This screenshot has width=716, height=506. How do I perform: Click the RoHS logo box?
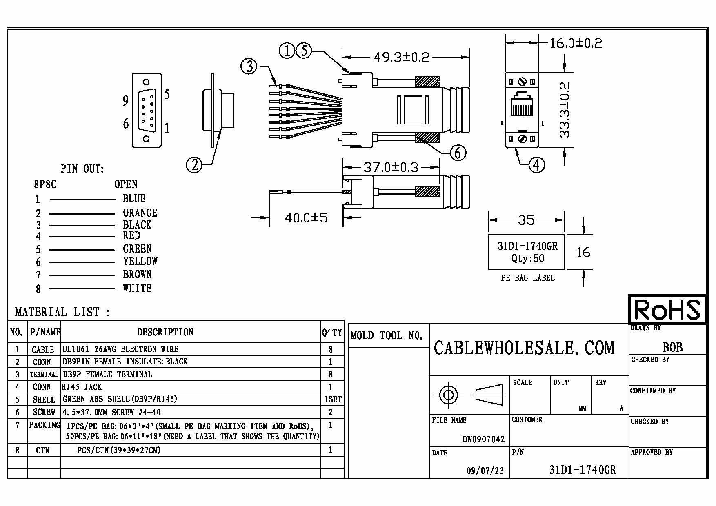tap(667, 309)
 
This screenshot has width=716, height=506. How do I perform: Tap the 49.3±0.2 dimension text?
tap(401, 57)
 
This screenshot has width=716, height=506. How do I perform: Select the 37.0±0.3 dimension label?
tap(391, 167)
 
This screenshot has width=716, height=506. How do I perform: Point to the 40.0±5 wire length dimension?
tap(306, 217)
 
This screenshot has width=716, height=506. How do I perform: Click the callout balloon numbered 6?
tap(458, 153)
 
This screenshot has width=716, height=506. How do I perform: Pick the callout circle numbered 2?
tap(194, 165)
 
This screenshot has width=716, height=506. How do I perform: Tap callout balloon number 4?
tap(537, 165)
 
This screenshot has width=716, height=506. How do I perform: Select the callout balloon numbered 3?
tap(249, 66)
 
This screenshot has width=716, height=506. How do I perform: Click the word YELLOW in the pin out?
tap(140, 261)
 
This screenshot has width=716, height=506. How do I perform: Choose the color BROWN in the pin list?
tap(137, 274)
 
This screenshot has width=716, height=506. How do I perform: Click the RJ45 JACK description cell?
tap(82, 386)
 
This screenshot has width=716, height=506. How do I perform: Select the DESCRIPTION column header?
tap(165, 332)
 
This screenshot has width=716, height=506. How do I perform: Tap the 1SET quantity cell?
tap(332, 399)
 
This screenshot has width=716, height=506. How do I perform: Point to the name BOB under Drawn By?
tap(672, 347)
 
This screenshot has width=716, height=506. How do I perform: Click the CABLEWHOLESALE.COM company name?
tap(524, 348)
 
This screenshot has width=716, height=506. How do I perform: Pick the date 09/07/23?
tap(485, 471)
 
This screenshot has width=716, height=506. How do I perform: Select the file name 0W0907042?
tap(483, 439)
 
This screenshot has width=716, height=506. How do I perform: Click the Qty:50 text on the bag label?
tap(527, 258)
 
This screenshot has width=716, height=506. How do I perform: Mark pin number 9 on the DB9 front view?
tap(126, 100)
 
